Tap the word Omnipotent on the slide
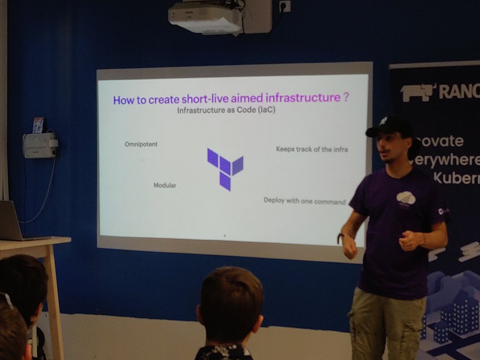pos(141,144)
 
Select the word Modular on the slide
pos(165,185)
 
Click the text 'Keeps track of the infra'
pos(312,150)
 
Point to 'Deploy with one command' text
pos(304,201)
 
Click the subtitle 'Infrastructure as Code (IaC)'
pos(226,111)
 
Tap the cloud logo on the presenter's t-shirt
pos(406,197)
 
